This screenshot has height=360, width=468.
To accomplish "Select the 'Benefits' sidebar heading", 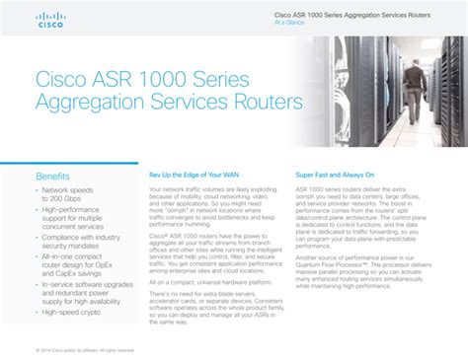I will tap(53, 177).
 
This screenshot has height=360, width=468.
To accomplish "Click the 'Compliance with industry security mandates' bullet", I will tap(81, 242).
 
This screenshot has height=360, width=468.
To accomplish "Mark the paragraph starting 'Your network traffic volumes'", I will tap(209, 205).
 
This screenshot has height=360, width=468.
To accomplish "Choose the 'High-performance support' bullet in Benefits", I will tap(79, 217).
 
